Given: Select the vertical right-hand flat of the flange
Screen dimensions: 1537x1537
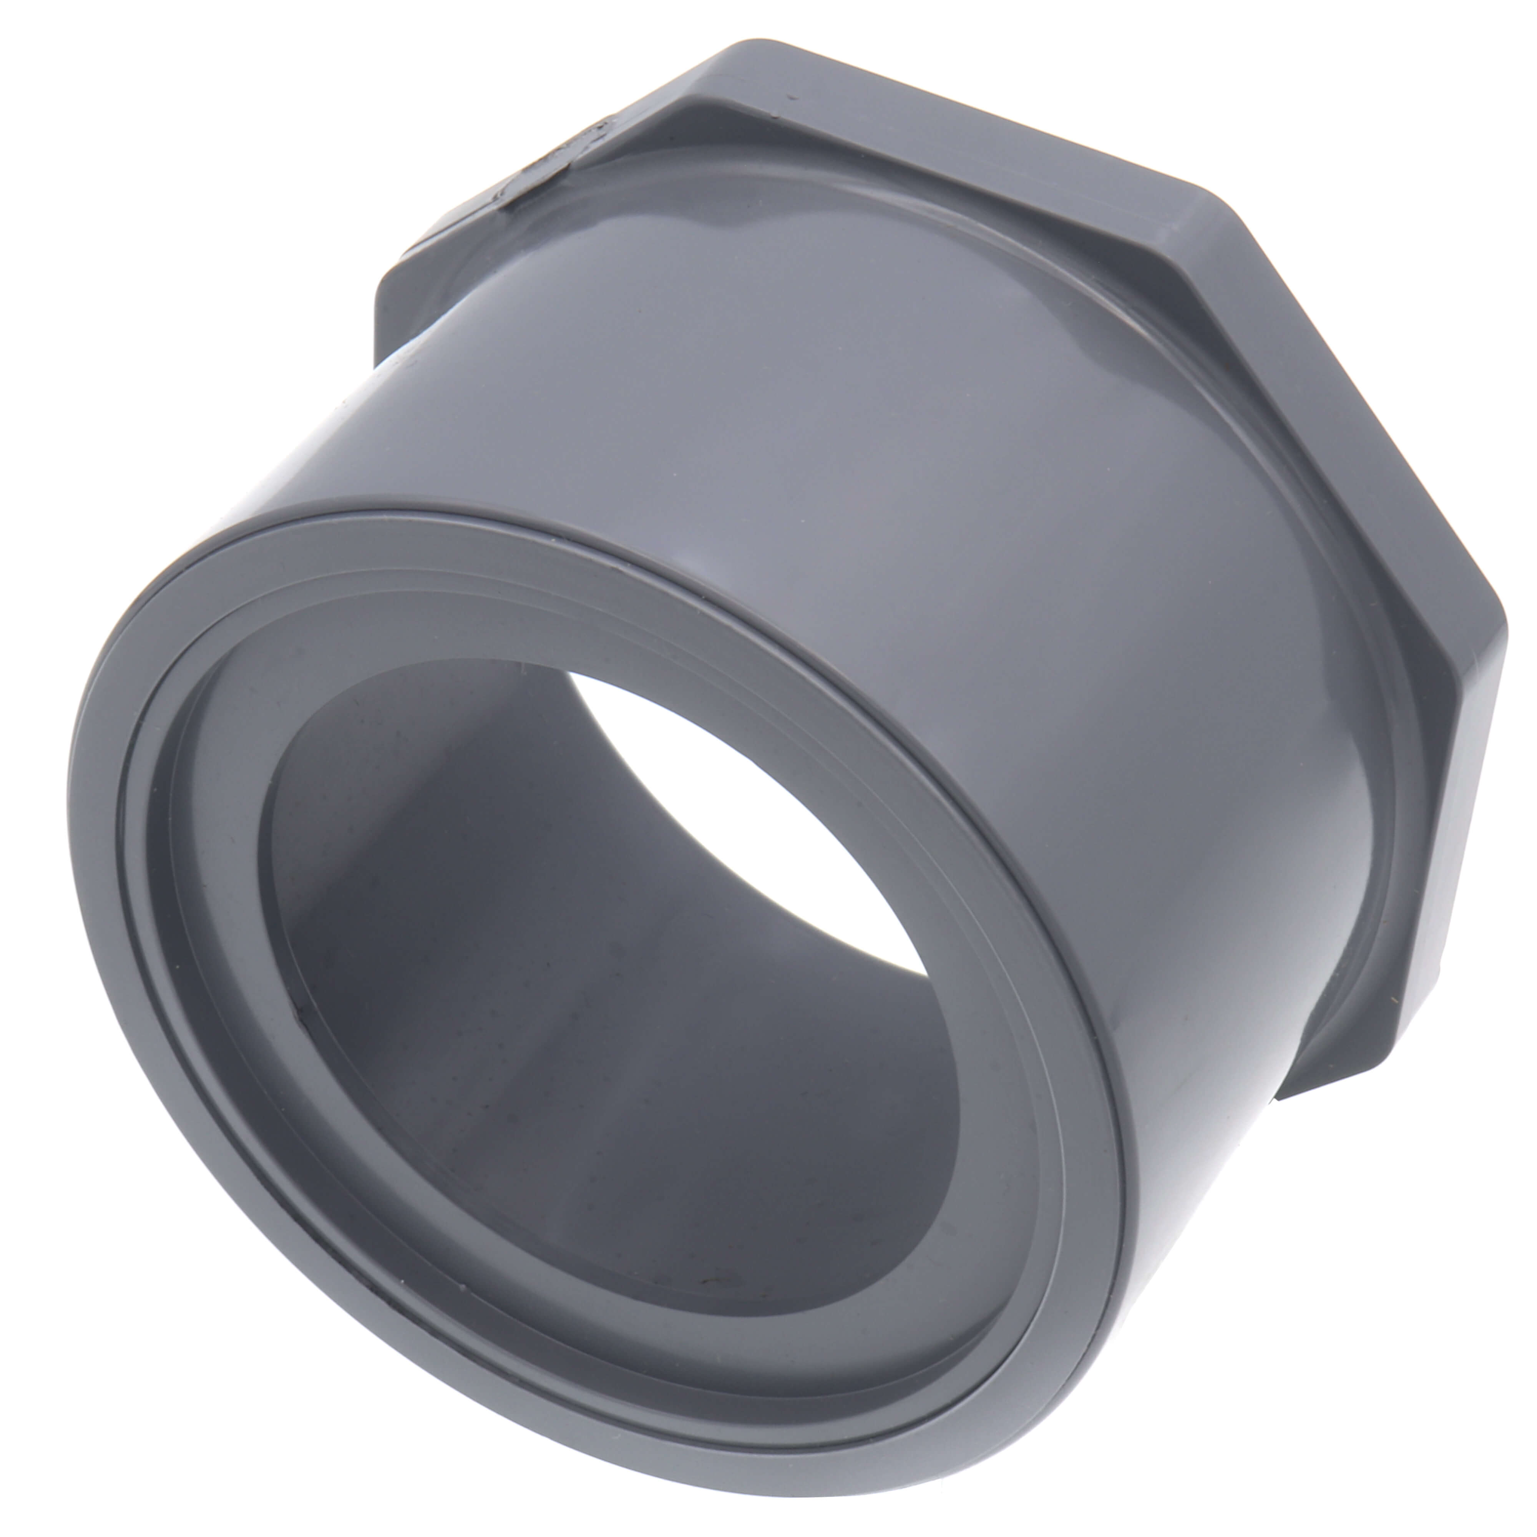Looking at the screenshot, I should [1480, 795].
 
